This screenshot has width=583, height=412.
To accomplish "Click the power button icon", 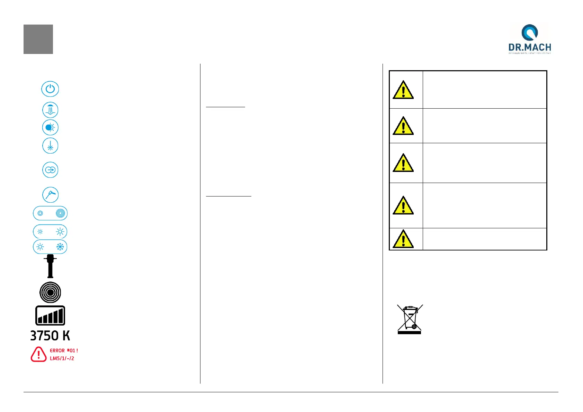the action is click(x=50, y=89).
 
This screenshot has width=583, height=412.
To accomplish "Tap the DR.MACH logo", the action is click(x=530, y=39).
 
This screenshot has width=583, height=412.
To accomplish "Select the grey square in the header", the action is click(x=38, y=39).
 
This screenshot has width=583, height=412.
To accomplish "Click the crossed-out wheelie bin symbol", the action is click(x=410, y=319).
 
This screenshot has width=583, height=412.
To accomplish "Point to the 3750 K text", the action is click(x=50, y=336).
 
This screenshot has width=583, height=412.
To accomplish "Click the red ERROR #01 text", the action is click(x=64, y=350).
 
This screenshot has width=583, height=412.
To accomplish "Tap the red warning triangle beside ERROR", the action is click(x=38, y=355).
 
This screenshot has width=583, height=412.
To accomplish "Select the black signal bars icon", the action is click(x=50, y=315).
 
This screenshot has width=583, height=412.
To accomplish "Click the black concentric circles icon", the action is click(x=50, y=292).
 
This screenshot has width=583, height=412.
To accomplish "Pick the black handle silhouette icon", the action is click(x=50, y=266).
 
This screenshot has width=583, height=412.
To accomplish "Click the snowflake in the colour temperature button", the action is click(x=60, y=247).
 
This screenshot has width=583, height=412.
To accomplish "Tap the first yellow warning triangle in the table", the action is click(x=403, y=90).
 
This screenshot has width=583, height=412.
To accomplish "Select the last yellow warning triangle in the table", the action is click(x=403, y=239).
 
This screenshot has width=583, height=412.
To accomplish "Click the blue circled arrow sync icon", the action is click(x=50, y=170).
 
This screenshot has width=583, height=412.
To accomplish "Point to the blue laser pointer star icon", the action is click(x=50, y=146).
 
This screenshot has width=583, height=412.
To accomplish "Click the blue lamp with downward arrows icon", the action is click(x=50, y=110).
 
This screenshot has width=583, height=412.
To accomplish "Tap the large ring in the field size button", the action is click(x=60, y=213).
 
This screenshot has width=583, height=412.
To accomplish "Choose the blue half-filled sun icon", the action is click(x=50, y=128).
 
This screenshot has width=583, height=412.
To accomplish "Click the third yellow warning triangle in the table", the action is click(x=403, y=163).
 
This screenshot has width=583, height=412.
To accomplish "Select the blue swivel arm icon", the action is click(x=50, y=195).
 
